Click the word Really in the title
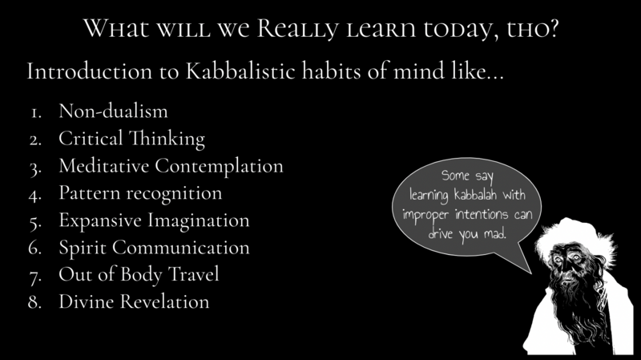point(297,29)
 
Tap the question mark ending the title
point(553,28)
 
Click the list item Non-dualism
point(113,111)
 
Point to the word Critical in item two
point(91,138)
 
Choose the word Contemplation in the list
point(219,166)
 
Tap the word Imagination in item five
point(199,220)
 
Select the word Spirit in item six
point(83,248)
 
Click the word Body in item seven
point(141,274)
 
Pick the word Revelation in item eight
point(165,301)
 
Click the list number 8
point(35,302)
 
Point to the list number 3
point(35,168)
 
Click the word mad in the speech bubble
point(495,233)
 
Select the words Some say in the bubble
point(467,176)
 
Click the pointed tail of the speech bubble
point(530,273)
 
